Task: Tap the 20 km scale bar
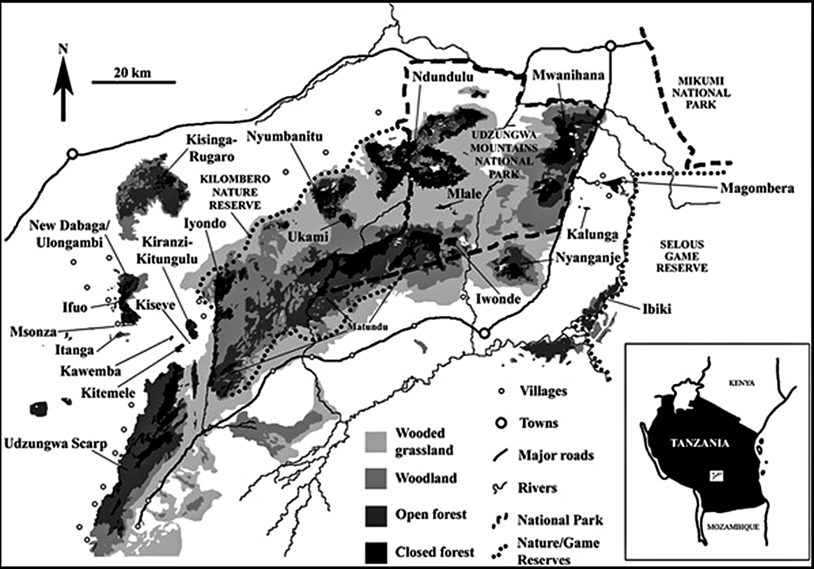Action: coord(133,81)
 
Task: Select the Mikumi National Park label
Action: coord(701,92)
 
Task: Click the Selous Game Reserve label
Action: coord(681,256)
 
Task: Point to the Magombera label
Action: coord(757,188)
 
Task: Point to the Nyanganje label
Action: coord(587,257)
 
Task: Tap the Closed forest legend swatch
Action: coord(376,552)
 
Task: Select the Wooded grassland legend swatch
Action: coord(376,442)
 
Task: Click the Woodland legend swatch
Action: coord(376,478)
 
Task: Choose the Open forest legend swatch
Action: coord(376,515)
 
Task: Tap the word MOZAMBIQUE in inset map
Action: coord(733,526)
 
